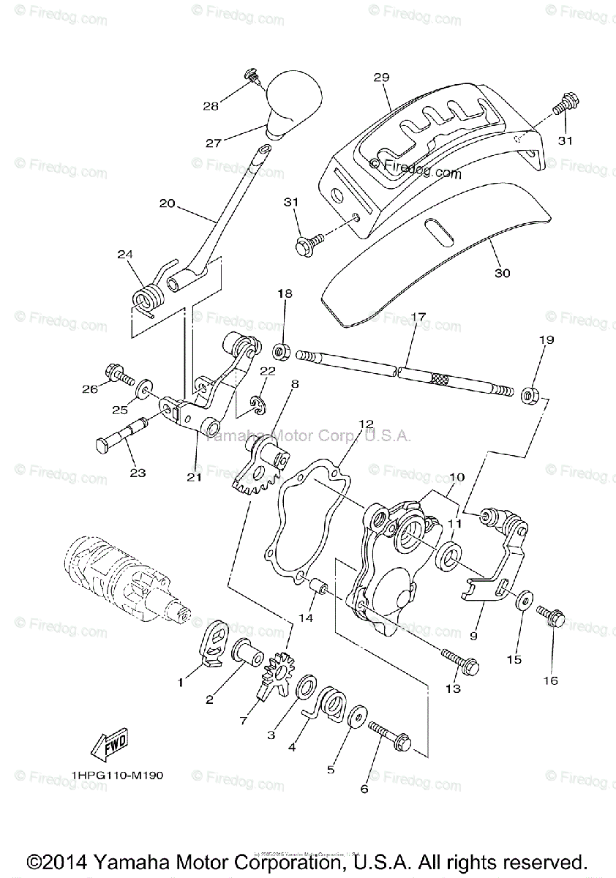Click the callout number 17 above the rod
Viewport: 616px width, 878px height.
pos(418,318)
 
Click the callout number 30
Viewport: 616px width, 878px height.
pos(503,273)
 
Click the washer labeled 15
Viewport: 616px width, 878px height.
pos(523,601)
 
